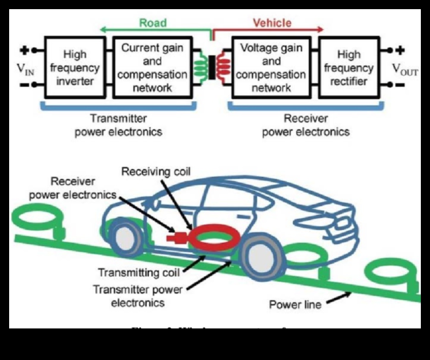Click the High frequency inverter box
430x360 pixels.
point(75,68)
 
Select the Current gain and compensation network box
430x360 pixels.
point(152,68)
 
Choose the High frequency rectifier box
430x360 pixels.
point(349,68)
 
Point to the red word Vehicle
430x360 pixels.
point(272,23)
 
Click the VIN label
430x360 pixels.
point(27,69)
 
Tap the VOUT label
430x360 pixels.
point(405,69)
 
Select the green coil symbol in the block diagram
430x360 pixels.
point(200,67)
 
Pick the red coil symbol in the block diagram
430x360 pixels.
point(224,67)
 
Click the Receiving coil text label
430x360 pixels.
point(156,172)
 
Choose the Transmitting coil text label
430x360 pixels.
point(139,273)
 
